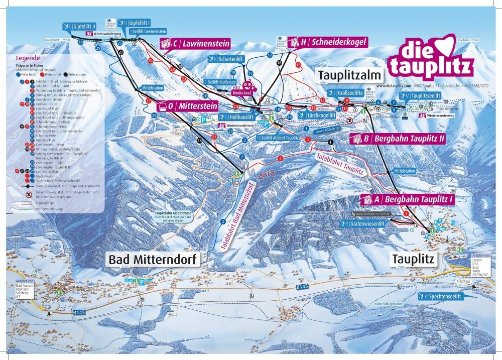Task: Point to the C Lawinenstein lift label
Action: (195, 44)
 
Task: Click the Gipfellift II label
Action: (80, 26)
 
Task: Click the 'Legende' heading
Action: (28, 58)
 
